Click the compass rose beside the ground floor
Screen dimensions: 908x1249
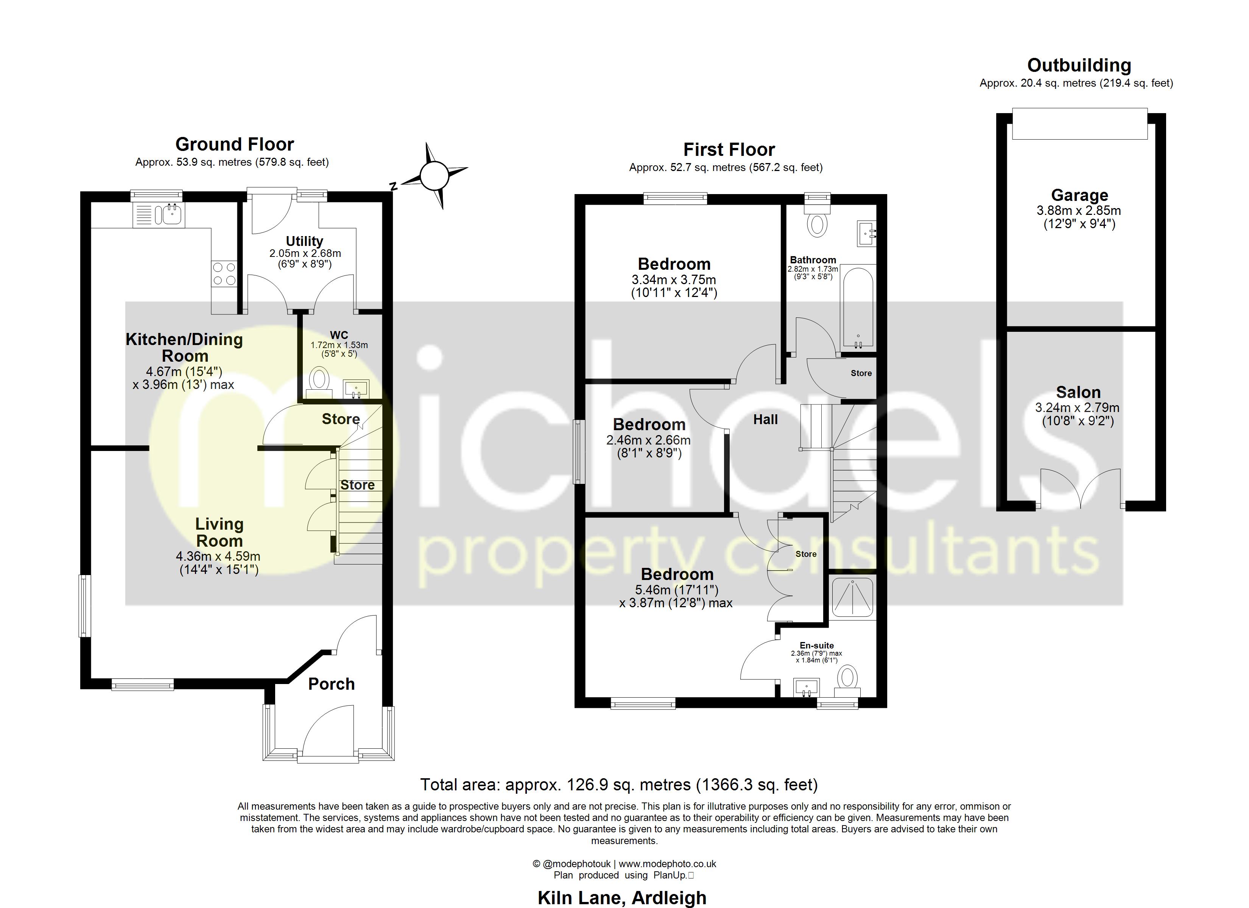pyautogui.click(x=435, y=176)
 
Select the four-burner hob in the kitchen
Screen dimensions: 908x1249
pyautogui.click(x=224, y=274)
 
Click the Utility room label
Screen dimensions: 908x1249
pyautogui.click(x=305, y=241)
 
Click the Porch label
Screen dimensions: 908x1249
pyautogui.click(x=332, y=684)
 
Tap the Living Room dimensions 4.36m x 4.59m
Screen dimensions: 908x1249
pyautogui.click(x=219, y=557)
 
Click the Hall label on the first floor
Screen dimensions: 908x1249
pyautogui.click(x=765, y=420)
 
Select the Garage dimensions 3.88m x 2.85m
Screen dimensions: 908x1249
pyautogui.click(x=1079, y=210)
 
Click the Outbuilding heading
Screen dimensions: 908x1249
pyautogui.click(x=1079, y=65)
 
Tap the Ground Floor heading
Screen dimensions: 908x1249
pyautogui.click(x=235, y=144)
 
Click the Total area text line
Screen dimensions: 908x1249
pyautogui.click(x=618, y=784)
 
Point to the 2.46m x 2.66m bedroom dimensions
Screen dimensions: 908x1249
pyautogui.click(x=648, y=440)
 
